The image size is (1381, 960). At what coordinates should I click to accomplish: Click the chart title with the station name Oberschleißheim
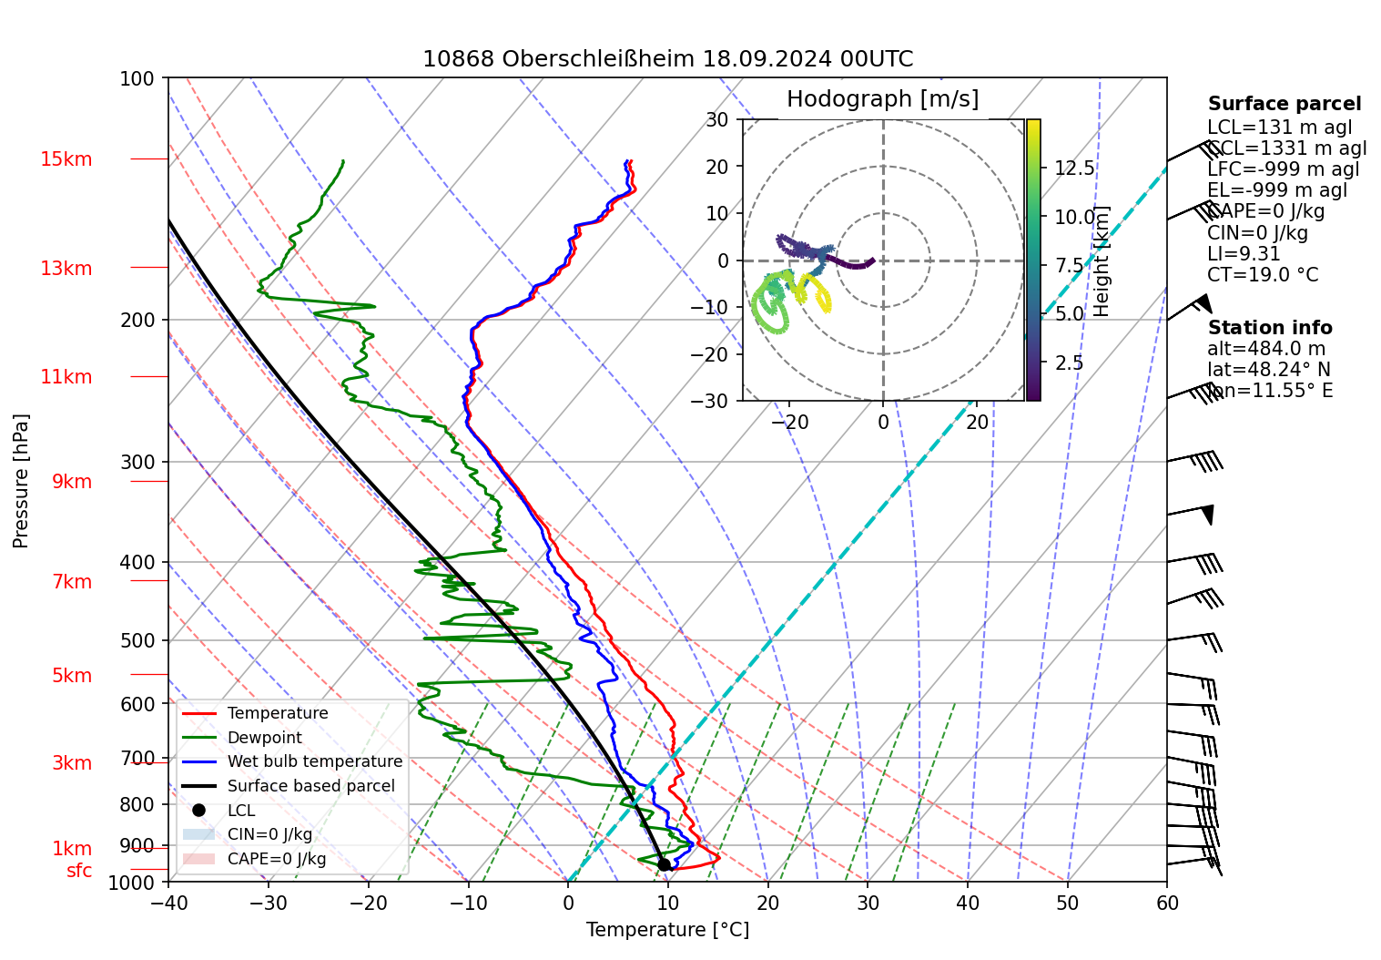(x=667, y=59)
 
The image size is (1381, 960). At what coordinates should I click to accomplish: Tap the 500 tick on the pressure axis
(x=137, y=640)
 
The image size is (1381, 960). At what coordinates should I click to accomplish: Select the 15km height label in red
(x=66, y=159)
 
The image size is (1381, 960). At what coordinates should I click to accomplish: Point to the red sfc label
(x=79, y=871)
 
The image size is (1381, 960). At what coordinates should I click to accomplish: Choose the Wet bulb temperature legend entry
(x=314, y=761)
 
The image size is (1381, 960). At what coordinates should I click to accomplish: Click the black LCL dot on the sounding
(x=665, y=864)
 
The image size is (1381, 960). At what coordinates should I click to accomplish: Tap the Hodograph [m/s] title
(x=882, y=98)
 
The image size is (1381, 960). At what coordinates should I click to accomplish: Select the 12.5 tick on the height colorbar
(x=1074, y=169)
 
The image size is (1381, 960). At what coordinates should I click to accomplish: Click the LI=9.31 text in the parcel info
(x=1244, y=254)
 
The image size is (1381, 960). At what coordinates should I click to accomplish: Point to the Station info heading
(x=1270, y=328)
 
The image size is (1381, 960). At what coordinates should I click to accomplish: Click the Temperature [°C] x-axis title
(x=667, y=930)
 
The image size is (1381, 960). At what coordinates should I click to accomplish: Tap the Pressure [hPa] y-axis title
(x=21, y=481)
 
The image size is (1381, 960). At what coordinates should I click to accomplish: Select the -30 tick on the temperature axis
(x=268, y=904)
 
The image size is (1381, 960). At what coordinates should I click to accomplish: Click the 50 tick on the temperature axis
(x=1067, y=904)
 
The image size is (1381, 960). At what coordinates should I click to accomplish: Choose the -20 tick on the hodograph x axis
(x=788, y=423)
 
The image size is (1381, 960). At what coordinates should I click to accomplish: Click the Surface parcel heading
(x=1285, y=104)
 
